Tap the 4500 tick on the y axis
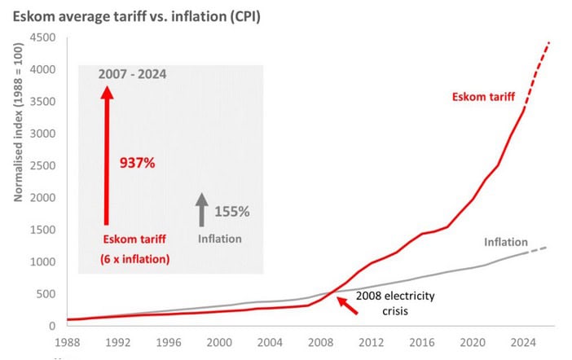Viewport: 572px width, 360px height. tap(43, 37)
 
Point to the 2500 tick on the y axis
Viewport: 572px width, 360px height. tap(43, 165)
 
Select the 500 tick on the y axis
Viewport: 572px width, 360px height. tap(46, 294)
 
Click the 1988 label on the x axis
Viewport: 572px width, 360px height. tap(67, 343)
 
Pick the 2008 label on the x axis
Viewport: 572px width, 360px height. tap(317, 343)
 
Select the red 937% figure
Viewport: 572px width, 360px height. tap(137, 162)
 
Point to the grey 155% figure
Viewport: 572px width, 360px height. tap(231, 212)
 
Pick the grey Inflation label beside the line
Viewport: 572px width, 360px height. tap(506, 242)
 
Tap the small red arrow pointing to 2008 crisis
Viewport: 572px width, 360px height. tap(347, 305)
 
